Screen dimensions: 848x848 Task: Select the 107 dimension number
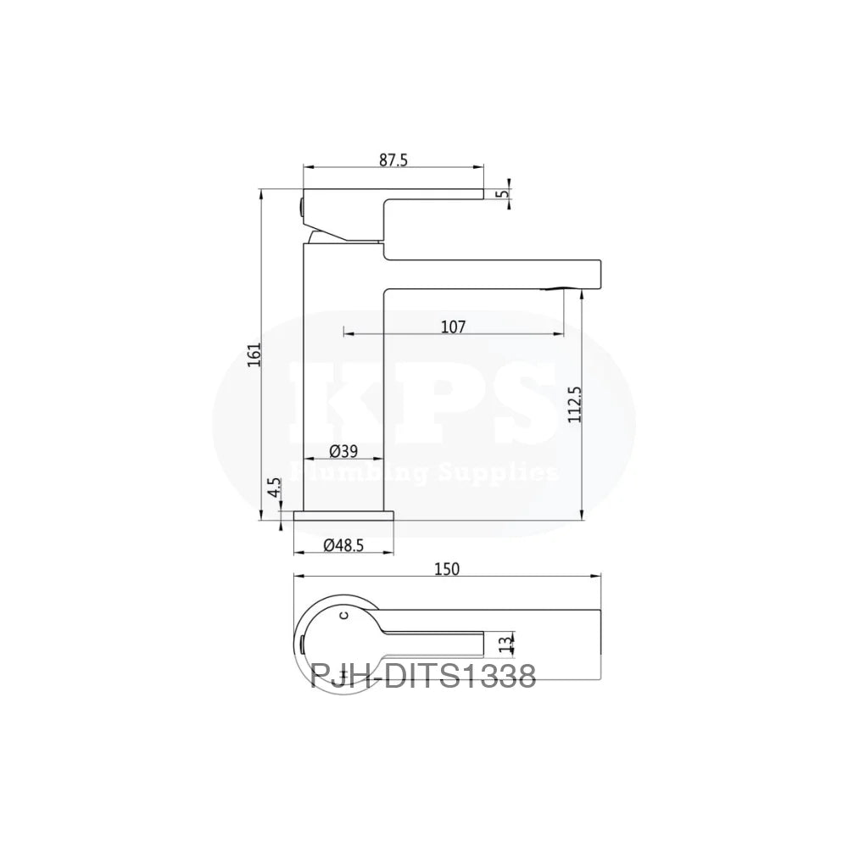[x=453, y=326]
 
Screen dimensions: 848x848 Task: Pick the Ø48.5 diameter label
[x=344, y=546]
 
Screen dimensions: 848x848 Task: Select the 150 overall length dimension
[x=447, y=569]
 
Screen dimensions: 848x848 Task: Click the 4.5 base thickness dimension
[x=273, y=491]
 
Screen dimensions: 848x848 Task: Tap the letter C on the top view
[x=343, y=613]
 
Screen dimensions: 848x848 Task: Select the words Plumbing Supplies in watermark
[x=423, y=471]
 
